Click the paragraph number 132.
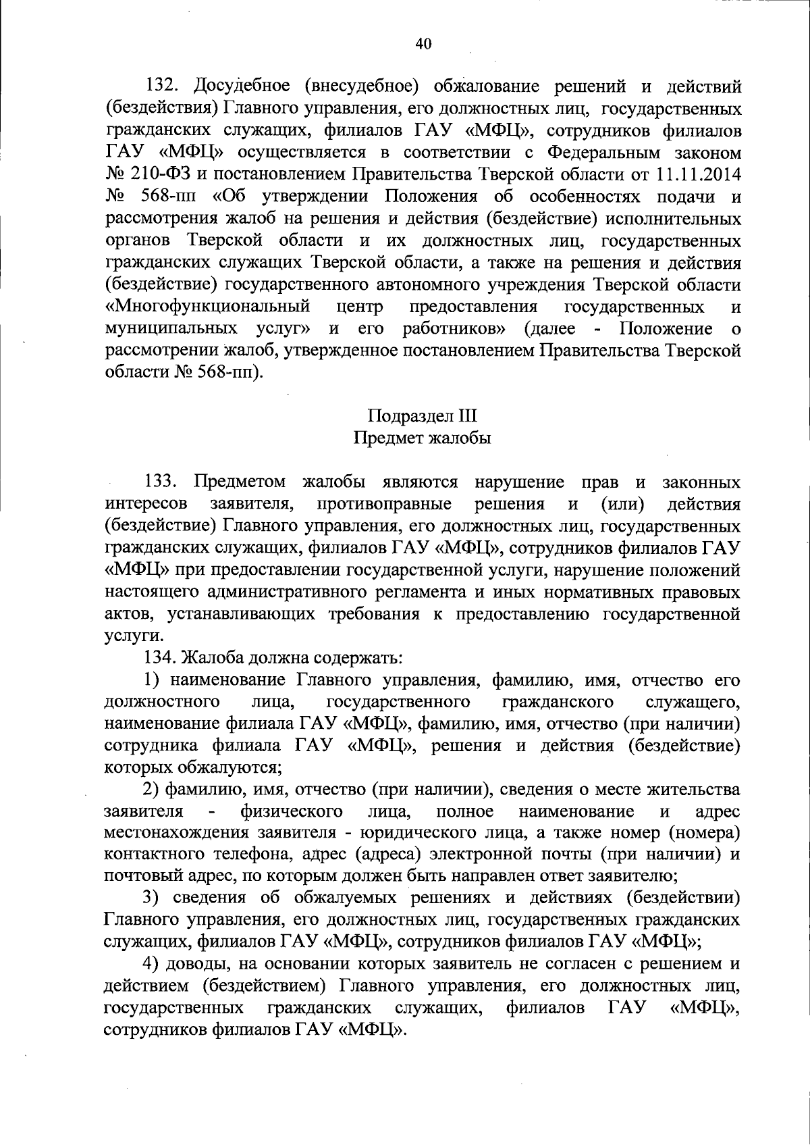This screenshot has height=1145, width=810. pyautogui.click(x=163, y=86)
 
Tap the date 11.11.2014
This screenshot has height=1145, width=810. pyautogui.click(x=698, y=174)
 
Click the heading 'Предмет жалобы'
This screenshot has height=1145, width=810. pyautogui.click(x=423, y=438)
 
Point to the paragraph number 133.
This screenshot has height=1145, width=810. pyautogui.click(x=163, y=482)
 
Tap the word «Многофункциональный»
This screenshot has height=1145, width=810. pyautogui.click(x=208, y=307)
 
